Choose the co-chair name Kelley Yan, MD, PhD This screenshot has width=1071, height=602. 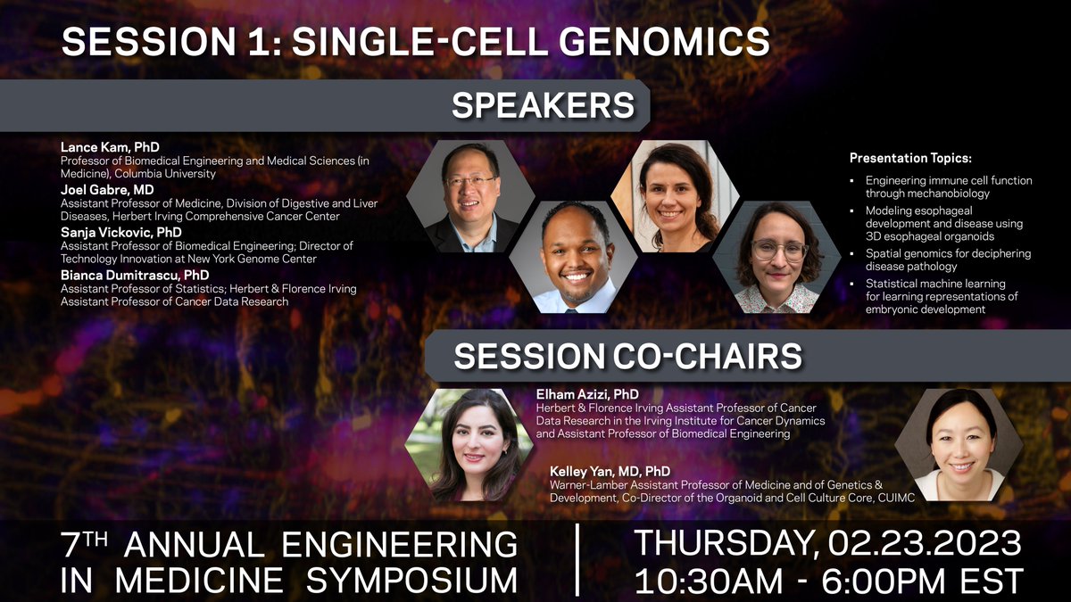click(610, 470)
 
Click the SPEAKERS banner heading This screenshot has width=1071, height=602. click(543, 106)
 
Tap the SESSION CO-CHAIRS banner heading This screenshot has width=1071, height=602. click(627, 357)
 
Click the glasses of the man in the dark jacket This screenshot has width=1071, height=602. click(469, 181)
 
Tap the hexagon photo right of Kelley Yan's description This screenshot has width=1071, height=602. click(959, 443)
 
